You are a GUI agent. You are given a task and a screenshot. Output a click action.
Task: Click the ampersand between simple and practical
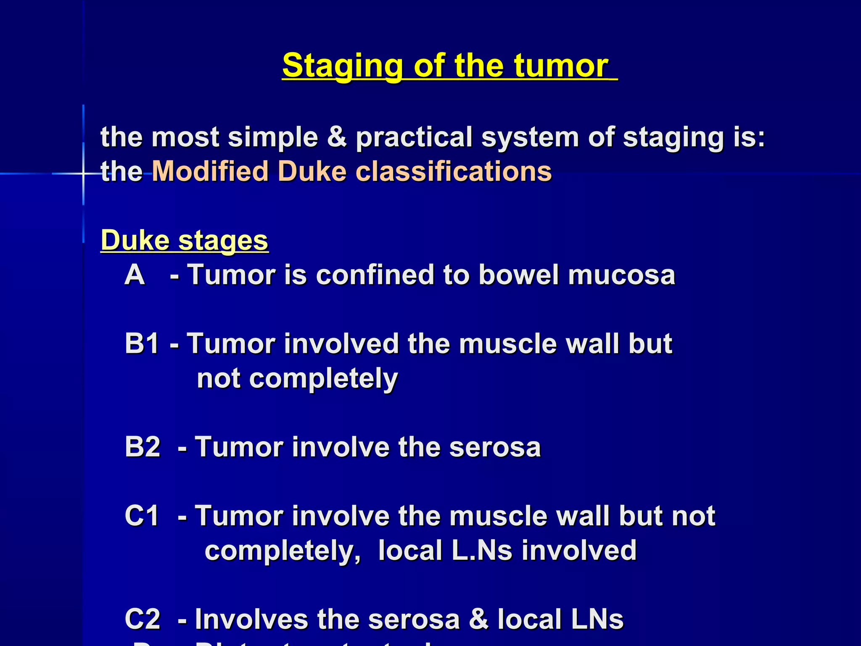pos(337,137)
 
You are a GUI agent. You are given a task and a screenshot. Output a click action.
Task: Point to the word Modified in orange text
pos(210,171)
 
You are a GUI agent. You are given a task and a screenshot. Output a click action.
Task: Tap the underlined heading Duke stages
pos(184,241)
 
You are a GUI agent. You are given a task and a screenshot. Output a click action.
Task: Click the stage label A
pos(135,275)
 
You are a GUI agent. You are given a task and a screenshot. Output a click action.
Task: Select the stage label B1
pos(142,343)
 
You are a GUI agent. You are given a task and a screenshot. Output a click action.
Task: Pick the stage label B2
pos(143,447)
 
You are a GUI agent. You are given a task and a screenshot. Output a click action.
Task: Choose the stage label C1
pos(142,516)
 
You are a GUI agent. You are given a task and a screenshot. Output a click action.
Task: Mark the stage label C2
pos(143,619)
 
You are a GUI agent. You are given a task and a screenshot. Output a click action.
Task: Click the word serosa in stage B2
pos(495,447)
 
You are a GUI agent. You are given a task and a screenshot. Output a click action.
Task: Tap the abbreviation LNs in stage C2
pos(597,619)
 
